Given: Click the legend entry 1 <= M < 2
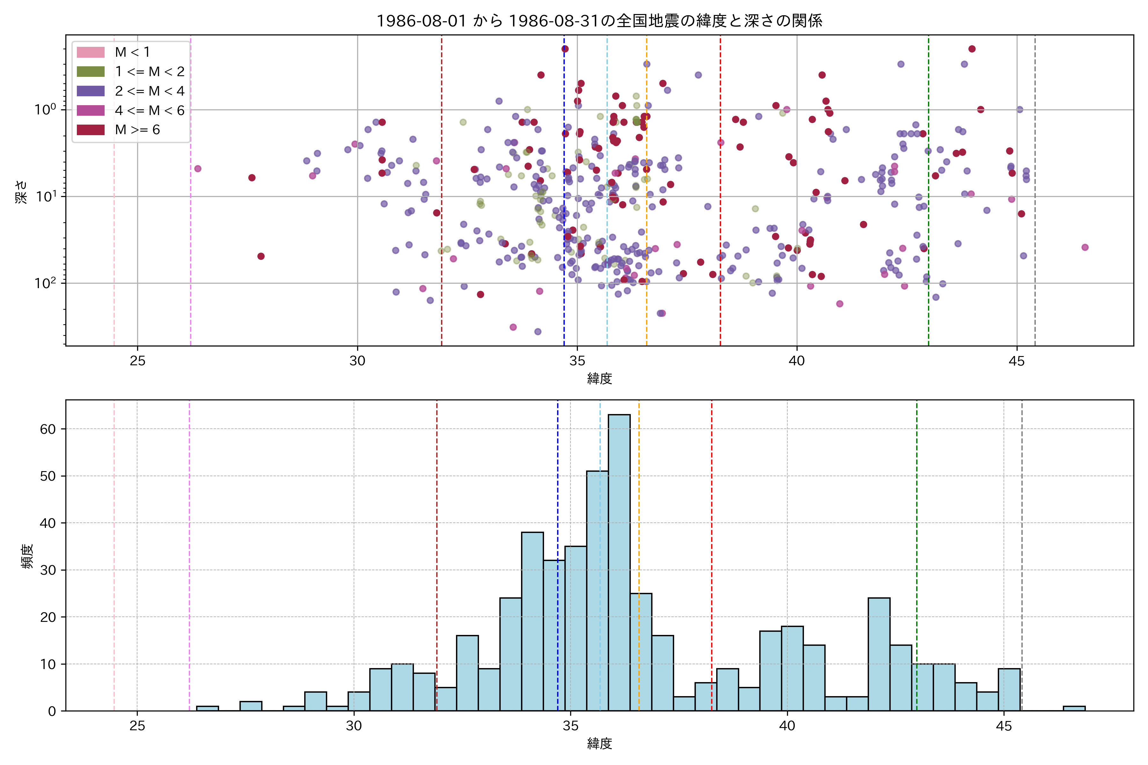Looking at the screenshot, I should click(149, 72).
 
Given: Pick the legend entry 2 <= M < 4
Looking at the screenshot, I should click(149, 91).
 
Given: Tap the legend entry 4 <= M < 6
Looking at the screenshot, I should click(149, 111).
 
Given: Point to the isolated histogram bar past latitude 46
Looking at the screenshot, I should click(1074, 708).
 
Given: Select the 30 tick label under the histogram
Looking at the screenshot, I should click(354, 726).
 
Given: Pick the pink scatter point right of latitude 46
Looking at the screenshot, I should click(1085, 247).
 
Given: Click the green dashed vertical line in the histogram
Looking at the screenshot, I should click(916, 537).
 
